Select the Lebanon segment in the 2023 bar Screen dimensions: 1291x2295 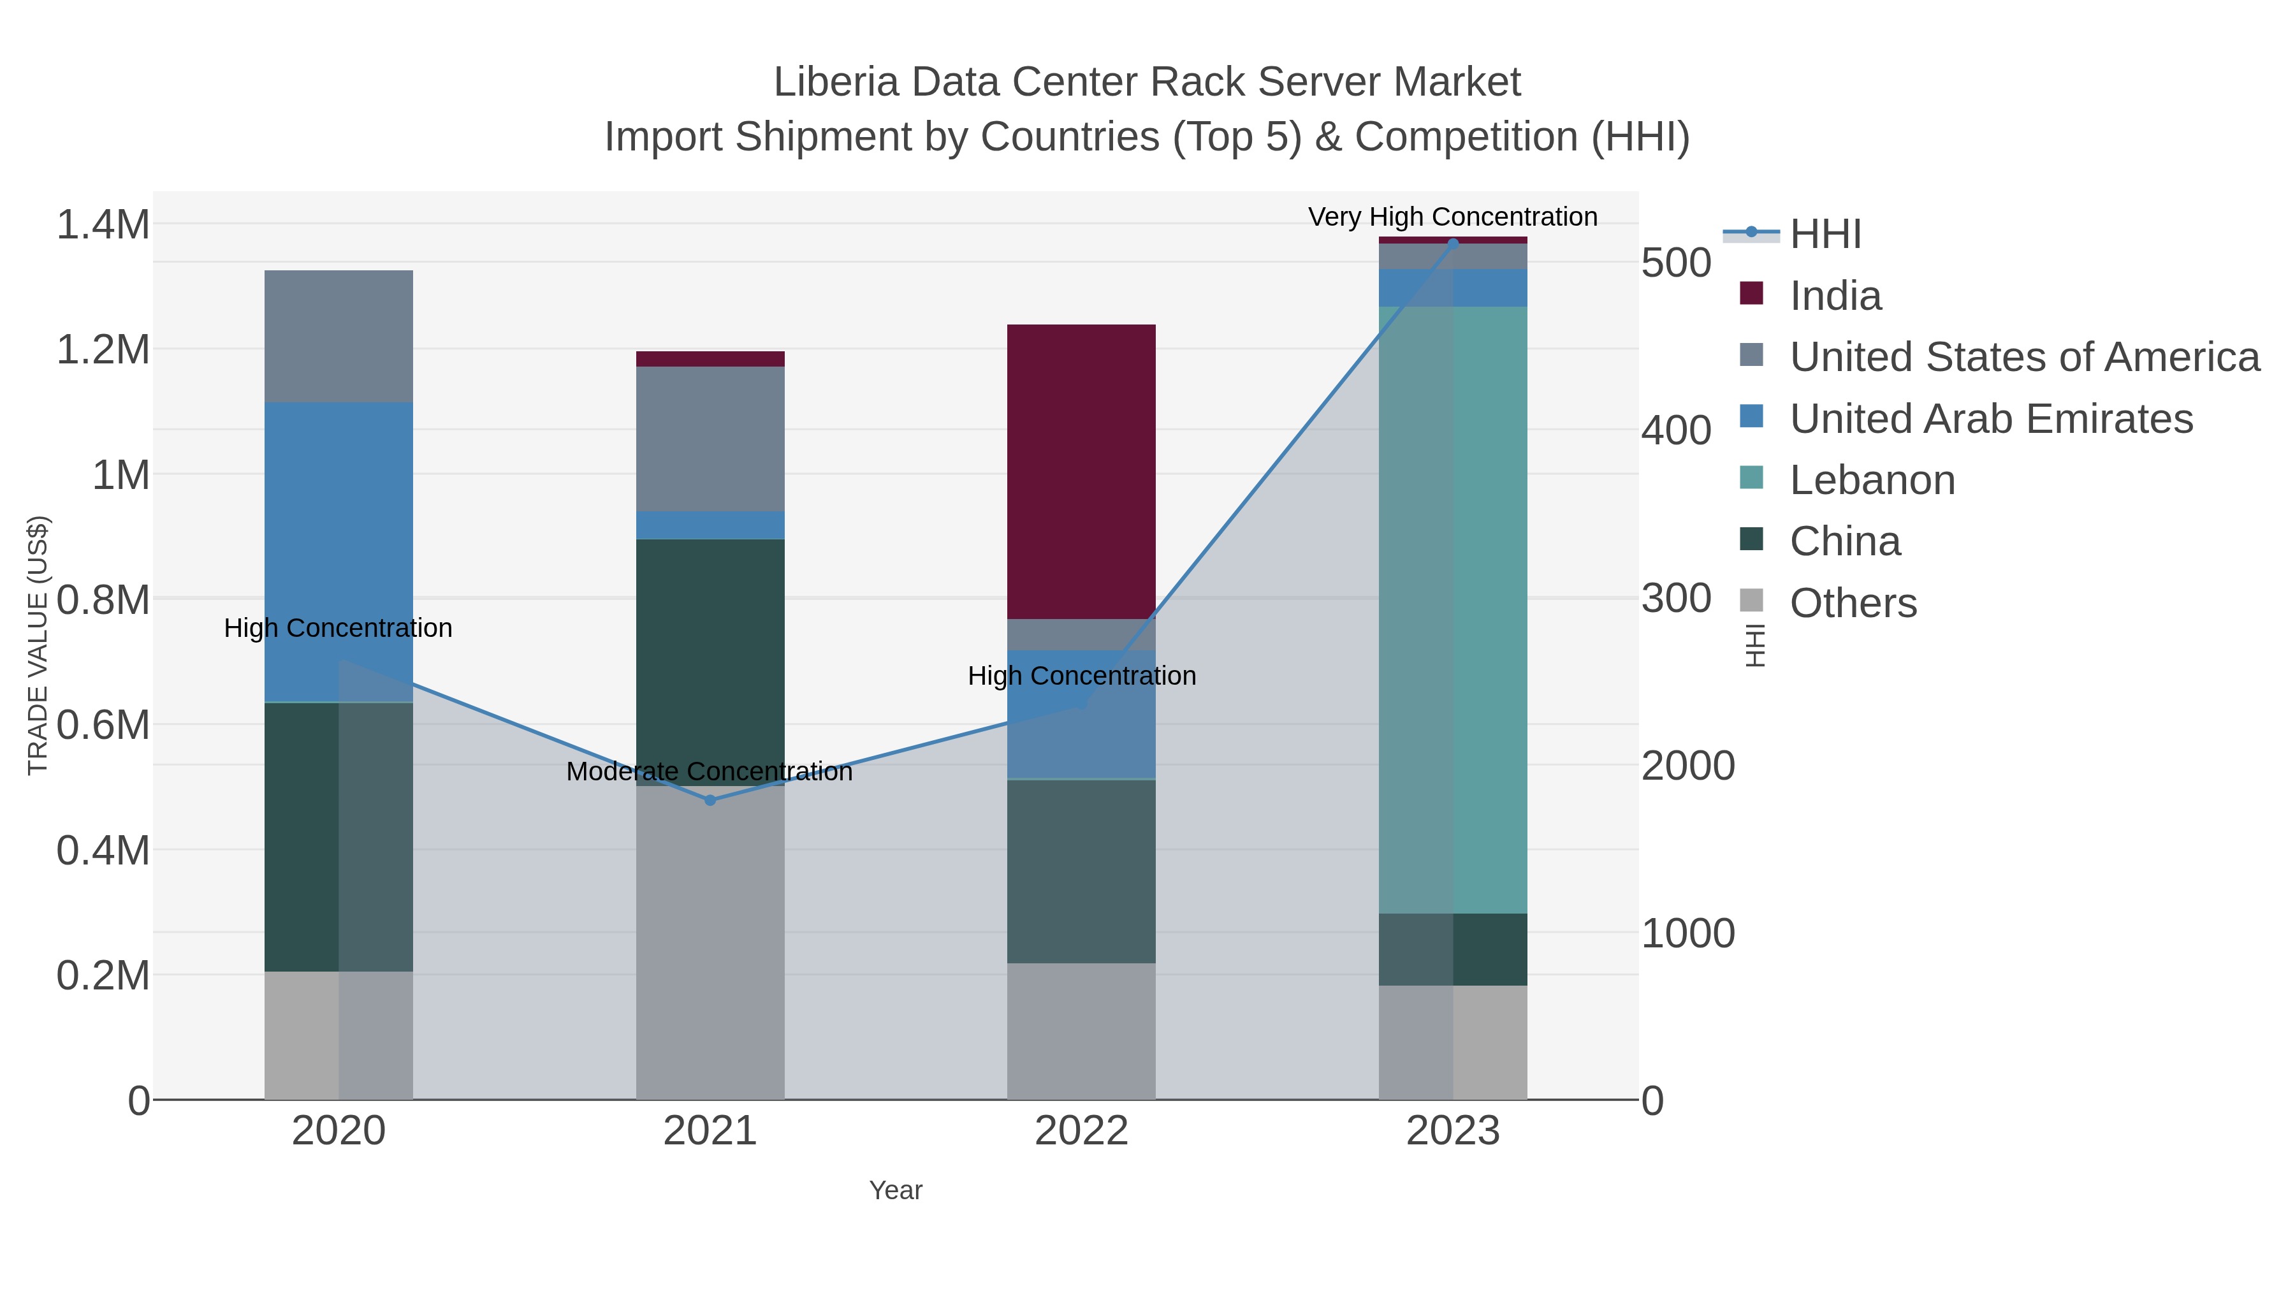(x=1452, y=609)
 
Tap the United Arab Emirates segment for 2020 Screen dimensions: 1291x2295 (x=339, y=551)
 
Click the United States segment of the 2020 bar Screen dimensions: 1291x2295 (x=339, y=336)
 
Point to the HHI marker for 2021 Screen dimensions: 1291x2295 (x=710, y=800)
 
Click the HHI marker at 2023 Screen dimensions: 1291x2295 (x=1452, y=244)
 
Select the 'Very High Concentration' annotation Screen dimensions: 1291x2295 (x=1452, y=217)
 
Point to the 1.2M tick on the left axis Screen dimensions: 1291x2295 (x=103, y=350)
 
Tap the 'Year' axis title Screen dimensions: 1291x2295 (x=896, y=1190)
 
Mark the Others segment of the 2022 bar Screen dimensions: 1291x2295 (x=1081, y=1031)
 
